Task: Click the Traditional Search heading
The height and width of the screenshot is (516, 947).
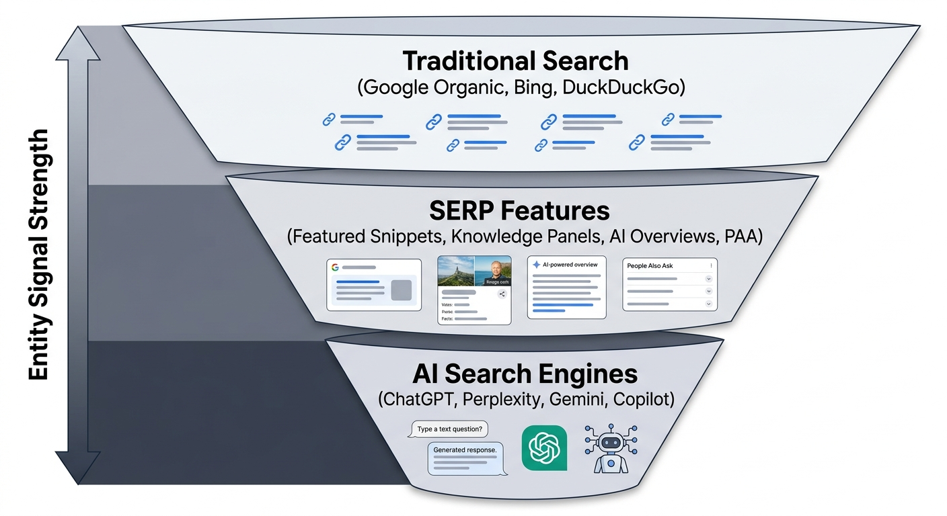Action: point(515,61)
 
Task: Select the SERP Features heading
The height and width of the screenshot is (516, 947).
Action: point(519,210)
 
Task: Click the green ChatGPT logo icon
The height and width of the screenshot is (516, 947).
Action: point(544,448)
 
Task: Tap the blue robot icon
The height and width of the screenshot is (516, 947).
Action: point(611,448)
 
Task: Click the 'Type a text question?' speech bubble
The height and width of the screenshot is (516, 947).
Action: point(449,429)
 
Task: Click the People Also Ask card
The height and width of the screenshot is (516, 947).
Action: point(669,284)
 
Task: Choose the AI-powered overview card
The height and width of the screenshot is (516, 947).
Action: point(566,287)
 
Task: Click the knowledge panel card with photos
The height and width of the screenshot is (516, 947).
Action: point(474,290)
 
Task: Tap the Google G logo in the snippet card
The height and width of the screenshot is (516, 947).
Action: point(335,267)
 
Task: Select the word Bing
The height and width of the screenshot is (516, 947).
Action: point(531,87)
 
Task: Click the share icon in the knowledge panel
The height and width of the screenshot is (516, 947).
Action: point(502,294)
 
